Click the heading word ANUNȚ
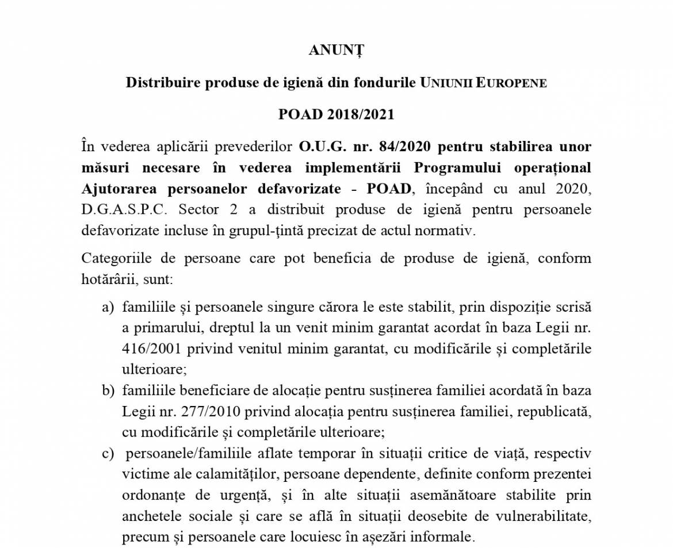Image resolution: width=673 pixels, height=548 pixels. tap(336, 51)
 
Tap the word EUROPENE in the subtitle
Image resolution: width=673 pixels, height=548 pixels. tap(511, 83)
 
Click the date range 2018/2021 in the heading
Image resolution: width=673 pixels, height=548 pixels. tap(361, 114)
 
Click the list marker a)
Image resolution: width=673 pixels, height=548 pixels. tap(108, 307)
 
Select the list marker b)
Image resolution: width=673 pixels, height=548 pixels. tap(108, 391)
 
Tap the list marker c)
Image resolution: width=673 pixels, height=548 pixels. tap(108, 454)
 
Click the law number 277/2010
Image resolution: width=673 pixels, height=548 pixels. tap(197, 412)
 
